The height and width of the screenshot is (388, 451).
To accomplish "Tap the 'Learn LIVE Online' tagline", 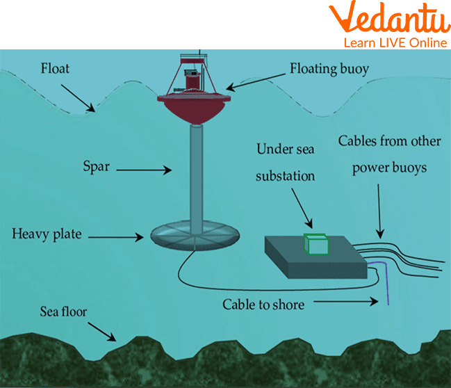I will point(394,43).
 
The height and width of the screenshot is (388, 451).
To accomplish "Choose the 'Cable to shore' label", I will point(263,304).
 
